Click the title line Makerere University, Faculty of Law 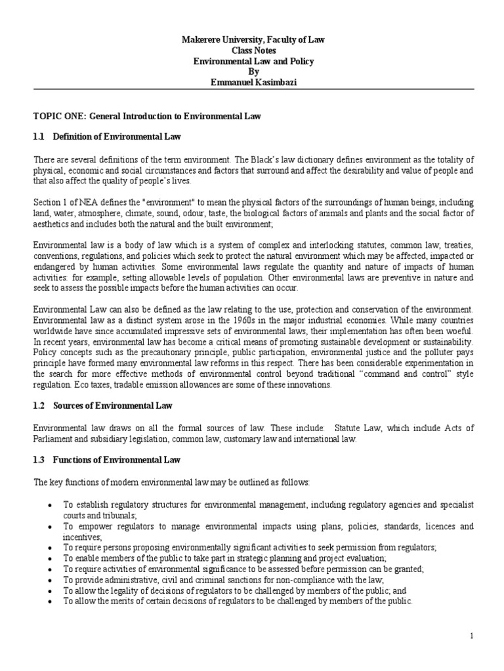click(253, 40)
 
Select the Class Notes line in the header click(253, 50)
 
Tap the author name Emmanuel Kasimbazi click(253, 83)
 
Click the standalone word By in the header click(253, 72)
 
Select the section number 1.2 click(39, 407)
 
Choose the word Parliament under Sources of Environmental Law click(55, 439)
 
